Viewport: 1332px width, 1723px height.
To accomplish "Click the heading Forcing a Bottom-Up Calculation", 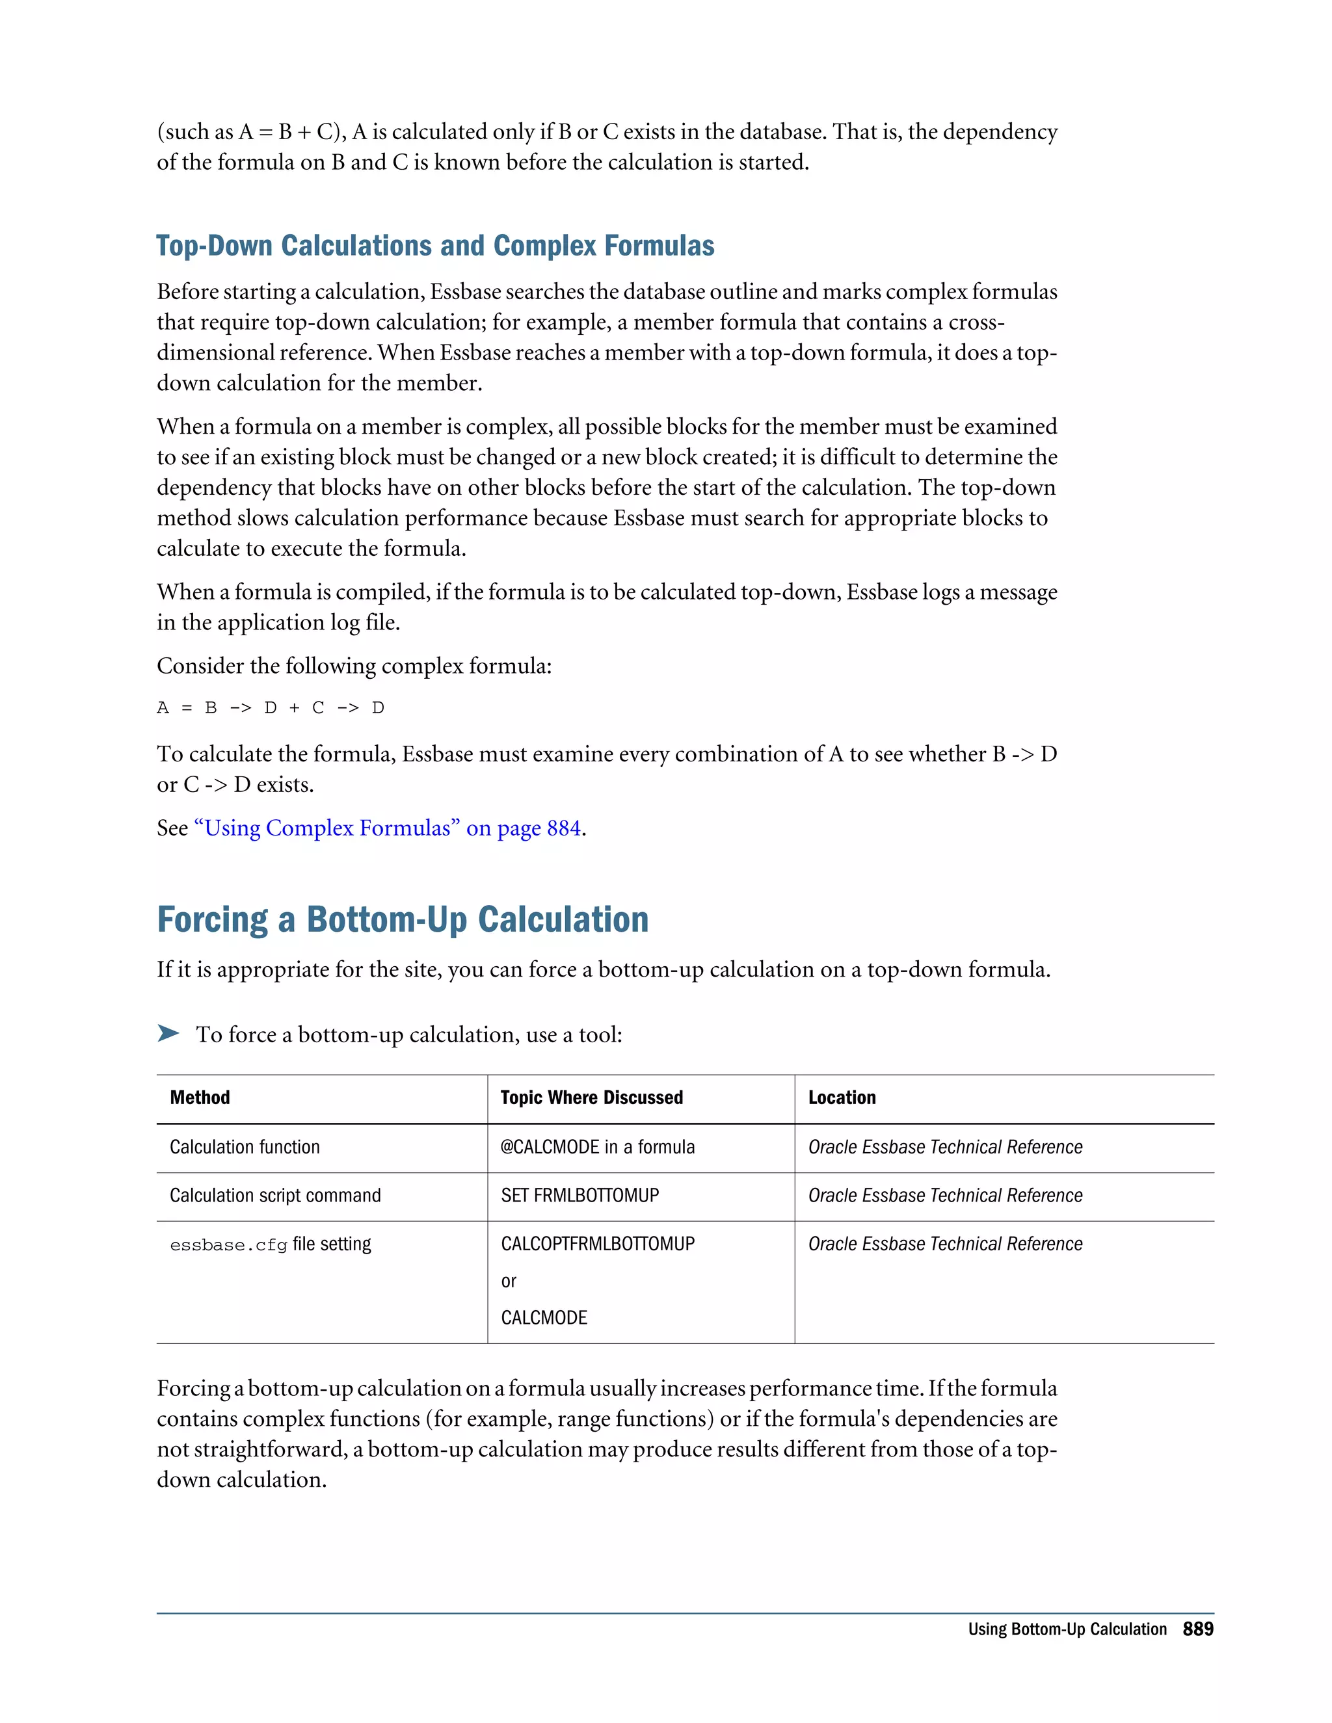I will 403,920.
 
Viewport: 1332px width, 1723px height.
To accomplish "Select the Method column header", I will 200,1098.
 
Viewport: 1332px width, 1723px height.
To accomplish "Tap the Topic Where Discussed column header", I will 591,1098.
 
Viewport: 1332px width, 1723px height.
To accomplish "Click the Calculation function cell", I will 245,1147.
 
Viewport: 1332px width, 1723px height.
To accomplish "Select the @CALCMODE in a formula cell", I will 597,1147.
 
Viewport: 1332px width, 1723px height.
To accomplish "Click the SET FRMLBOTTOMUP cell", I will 579,1195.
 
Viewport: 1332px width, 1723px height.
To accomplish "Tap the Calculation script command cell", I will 274,1195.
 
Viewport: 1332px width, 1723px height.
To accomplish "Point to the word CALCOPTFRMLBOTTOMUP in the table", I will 597,1244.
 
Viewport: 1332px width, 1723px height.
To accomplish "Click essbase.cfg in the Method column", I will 228,1246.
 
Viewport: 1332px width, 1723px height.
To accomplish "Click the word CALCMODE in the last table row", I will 544,1317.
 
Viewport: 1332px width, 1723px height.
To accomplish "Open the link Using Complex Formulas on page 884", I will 387,828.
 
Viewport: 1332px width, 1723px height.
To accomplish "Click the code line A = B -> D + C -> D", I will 271,707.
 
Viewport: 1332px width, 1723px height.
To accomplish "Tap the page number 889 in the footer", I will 1197,1629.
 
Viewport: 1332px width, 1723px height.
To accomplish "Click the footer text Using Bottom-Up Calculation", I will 1067,1629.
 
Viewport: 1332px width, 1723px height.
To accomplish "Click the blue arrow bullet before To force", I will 168,1034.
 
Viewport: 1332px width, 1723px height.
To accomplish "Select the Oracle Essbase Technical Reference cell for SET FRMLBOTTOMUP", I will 944,1195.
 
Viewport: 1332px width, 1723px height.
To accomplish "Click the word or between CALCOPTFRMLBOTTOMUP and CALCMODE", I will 508,1282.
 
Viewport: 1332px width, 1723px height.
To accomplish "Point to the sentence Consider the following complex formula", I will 354,666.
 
